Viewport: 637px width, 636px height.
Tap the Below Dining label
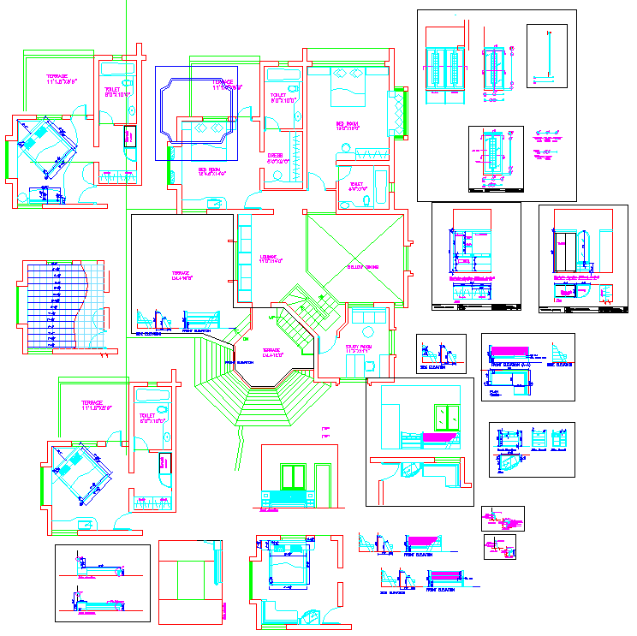pyautogui.click(x=362, y=267)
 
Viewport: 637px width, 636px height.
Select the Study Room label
pyautogui.click(x=358, y=348)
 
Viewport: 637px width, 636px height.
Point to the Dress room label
pyautogui.click(x=276, y=158)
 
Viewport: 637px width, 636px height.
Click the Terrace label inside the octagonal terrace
pyautogui.click(x=271, y=352)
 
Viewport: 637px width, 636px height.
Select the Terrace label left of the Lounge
pyautogui.click(x=181, y=276)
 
